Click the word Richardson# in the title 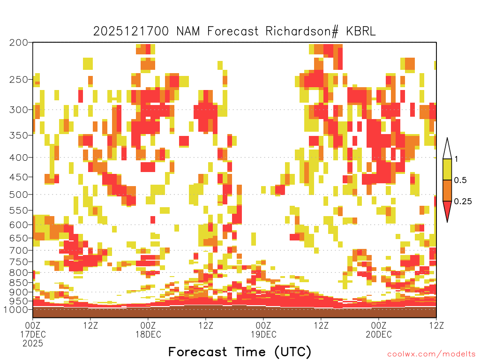[302, 31]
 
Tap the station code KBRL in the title [361, 31]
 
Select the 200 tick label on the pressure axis [19, 42]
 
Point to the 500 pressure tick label [19, 195]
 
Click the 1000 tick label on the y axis [15, 309]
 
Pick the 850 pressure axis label [19, 282]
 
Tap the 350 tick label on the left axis [19, 135]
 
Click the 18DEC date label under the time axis [149, 334]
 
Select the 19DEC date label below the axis [263, 334]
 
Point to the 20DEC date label [379, 334]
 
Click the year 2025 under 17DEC [33, 343]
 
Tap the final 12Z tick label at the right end [436, 325]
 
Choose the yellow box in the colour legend [447, 169]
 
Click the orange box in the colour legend [447, 190]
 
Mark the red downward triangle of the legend [447, 210]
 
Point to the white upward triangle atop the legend [447, 150]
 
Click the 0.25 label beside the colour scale [463, 201]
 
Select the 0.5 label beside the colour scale [460, 180]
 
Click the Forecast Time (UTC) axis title [240, 352]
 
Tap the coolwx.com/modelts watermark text [431, 354]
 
